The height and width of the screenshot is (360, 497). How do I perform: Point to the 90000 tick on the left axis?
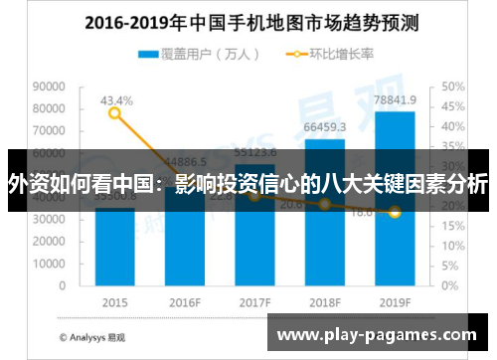point(50,88)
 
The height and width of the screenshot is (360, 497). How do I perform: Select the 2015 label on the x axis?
point(114,301)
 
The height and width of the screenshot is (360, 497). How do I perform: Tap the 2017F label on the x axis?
point(255,301)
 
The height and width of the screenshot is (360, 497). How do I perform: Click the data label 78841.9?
point(396,100)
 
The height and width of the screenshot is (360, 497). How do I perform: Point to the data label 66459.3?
point(325,127)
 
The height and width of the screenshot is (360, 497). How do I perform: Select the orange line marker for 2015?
point(114,113)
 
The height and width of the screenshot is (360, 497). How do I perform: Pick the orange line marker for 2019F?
point(396,212)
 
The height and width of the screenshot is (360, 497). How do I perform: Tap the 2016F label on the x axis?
point(185,301)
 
